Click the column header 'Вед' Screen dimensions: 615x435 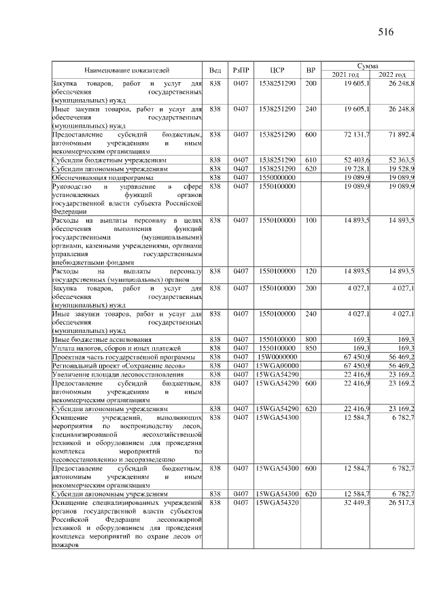coord(215,70)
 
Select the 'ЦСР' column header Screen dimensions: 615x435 coord(277,70)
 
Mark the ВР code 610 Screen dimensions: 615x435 coord(311,160)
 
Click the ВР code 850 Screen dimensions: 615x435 coord(311,348)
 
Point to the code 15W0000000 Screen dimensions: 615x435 coord(277,357)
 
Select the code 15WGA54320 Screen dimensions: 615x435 coord(277,502)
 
